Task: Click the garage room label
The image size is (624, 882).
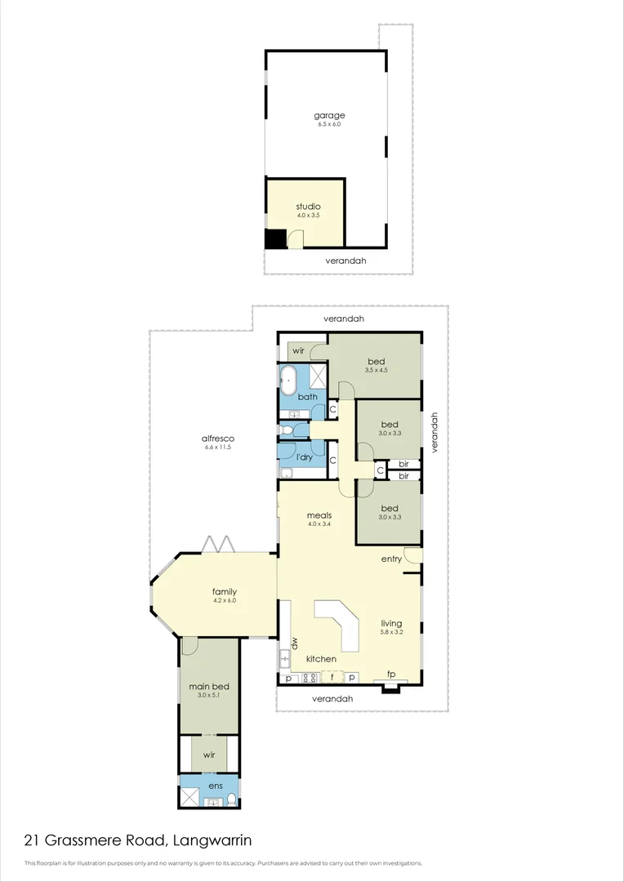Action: point(330,115)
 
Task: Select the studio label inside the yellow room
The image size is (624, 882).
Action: point(308,207)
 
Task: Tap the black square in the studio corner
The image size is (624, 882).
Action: point(275,238)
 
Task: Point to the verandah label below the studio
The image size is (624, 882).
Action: point(345,261)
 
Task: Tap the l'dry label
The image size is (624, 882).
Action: point(304,457)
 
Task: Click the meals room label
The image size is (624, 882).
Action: point(319,515)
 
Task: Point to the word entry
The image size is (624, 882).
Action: point(391,559)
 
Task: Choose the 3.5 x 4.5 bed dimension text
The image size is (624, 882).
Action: point(376,370)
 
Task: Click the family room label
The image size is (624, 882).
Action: point(225,592)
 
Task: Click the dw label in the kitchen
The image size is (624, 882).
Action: point(293,642)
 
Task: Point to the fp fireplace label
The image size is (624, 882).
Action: point(391,675)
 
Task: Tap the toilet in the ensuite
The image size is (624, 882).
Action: point(231,800)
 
